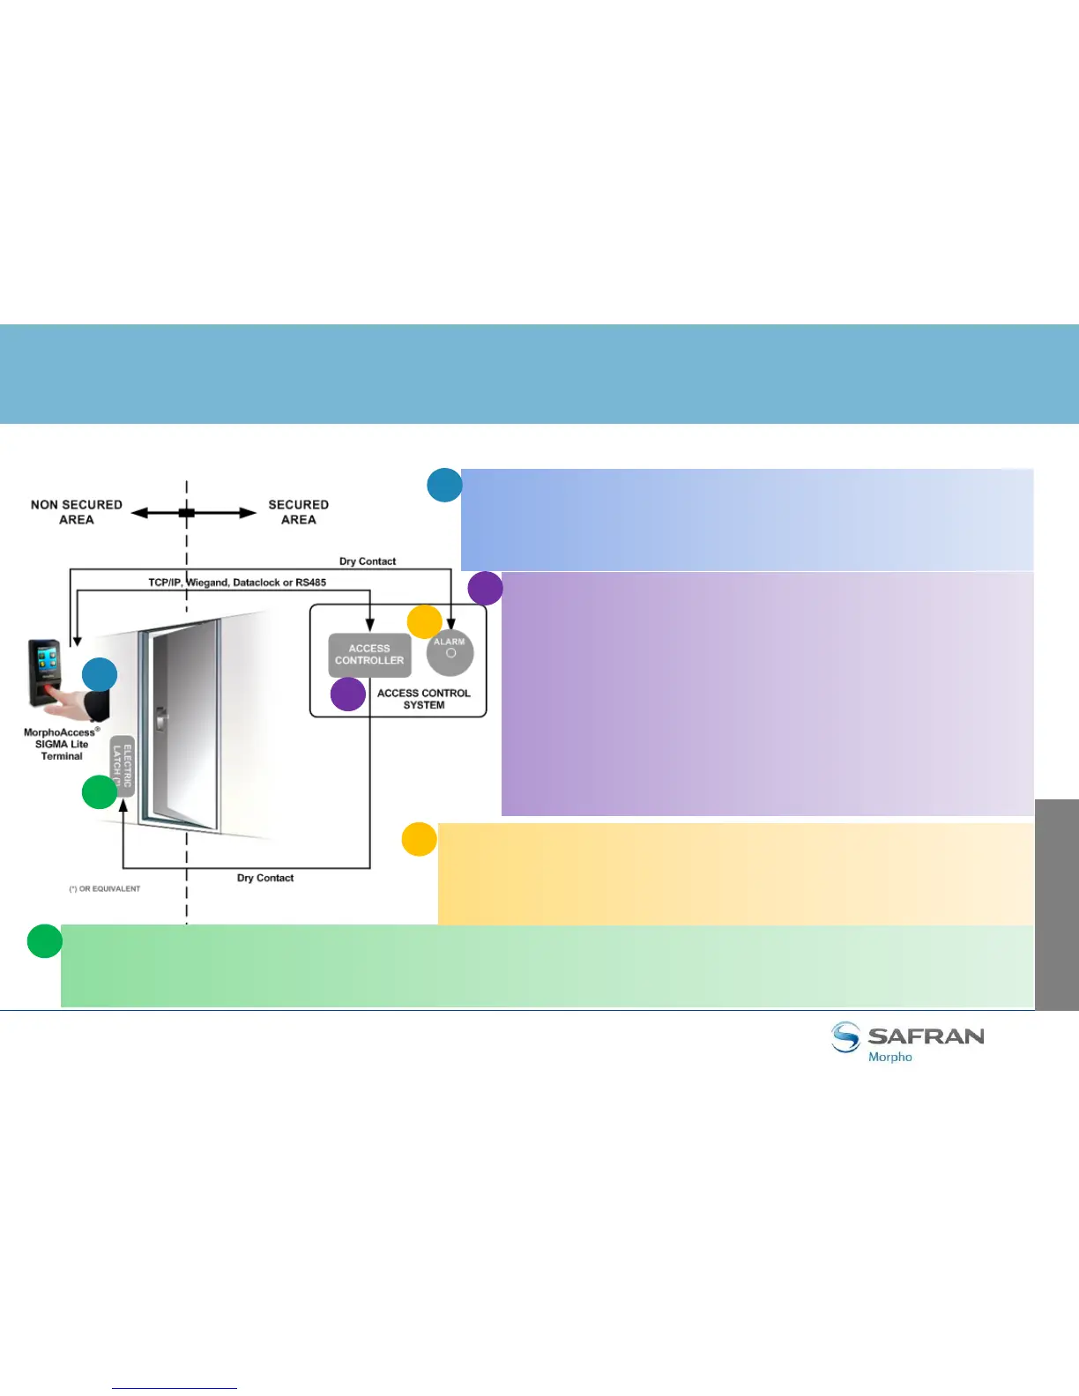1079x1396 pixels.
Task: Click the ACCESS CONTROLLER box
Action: point(369,655)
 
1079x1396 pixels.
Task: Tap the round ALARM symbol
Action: point(450,653)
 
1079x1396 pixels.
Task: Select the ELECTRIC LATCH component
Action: point(123,766)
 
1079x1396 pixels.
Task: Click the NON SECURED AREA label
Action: point(77,512)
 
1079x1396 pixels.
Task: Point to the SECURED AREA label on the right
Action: point(298,512)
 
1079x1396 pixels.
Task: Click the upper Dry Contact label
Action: point(368,561)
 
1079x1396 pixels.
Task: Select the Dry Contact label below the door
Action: point(265,878)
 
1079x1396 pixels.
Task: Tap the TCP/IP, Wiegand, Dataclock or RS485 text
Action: point(237,583)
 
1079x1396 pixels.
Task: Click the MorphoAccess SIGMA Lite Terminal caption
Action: point(62,744)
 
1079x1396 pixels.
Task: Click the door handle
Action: point(160,719)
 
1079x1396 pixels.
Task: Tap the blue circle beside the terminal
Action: point(100,675)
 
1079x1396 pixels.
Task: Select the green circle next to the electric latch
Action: point(100,791)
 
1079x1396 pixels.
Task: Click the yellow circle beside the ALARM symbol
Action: point(424,622)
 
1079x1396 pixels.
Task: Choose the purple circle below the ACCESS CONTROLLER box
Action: point(348,694)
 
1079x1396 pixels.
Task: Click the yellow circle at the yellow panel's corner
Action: point(420,839)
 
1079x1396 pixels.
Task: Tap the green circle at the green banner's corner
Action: point(44,940)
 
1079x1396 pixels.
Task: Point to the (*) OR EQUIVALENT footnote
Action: point(105,888)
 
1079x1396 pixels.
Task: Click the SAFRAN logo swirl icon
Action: point(845,1037)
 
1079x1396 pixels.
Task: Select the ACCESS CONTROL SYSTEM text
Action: point(424,699)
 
